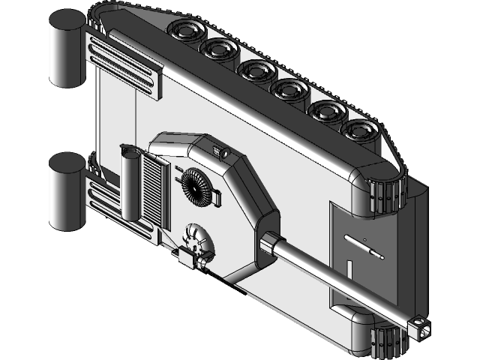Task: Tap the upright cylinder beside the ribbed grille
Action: point(130,184)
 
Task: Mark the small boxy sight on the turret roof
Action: point(220,152)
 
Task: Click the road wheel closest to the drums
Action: point(184,32)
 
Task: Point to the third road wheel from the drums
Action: point(255,71)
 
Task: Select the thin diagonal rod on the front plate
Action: point(364,247)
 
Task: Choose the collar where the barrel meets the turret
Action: point(269,245)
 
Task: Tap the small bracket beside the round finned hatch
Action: point(217,197)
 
